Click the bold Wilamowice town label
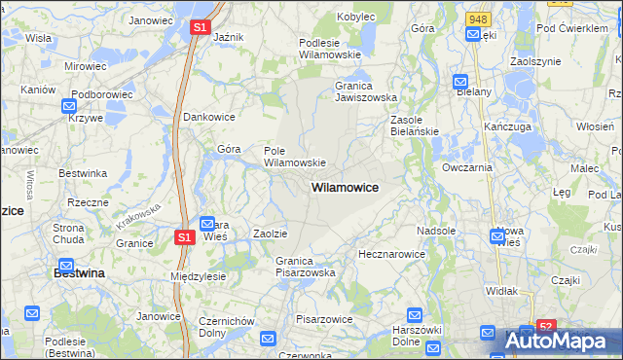pos(345,186)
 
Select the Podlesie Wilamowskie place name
pos(331,49)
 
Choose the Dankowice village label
pos(210,116)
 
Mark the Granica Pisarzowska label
pos(305,267)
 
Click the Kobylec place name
pos(356,17)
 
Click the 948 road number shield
pos(478,18)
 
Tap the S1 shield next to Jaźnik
pos(200,28)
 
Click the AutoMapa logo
pos(561,341)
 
